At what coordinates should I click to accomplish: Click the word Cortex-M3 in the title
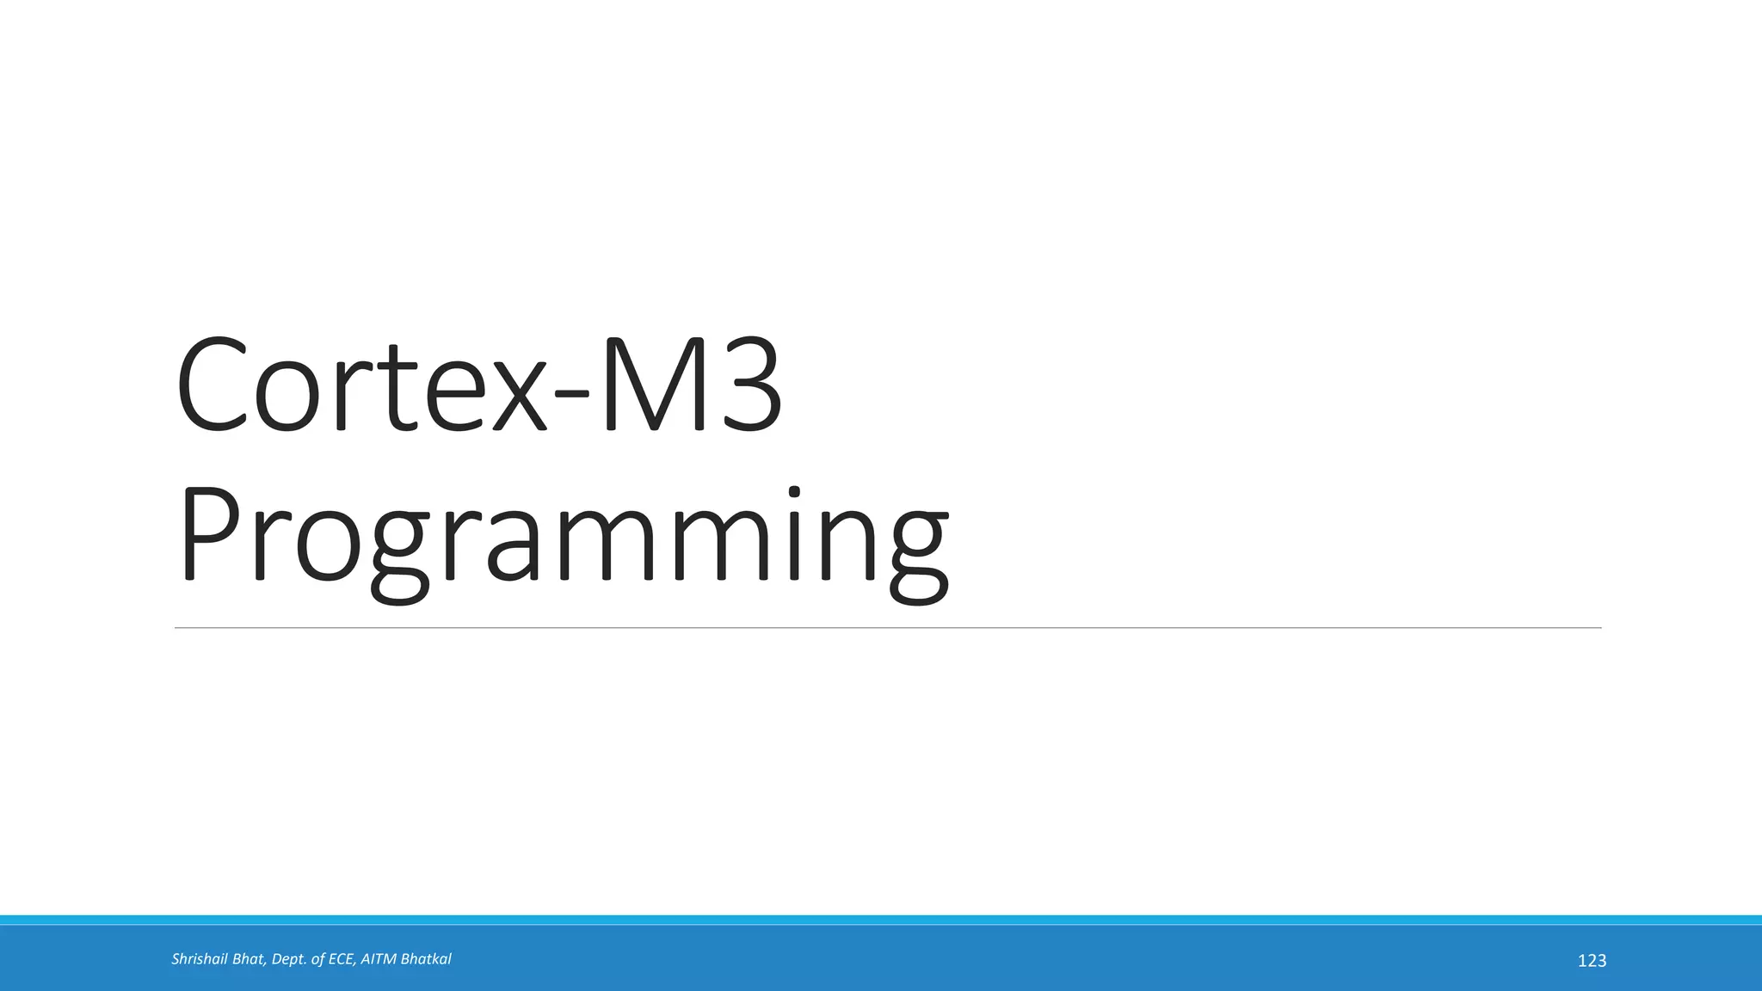[478, 385]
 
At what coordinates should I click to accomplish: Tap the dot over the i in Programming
[793, 493]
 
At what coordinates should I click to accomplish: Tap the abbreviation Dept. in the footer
[290, 959]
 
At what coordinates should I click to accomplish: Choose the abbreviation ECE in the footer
[342, 959]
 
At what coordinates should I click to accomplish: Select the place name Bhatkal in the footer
[426, 959]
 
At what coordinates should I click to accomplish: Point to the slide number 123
[1592, 961]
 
